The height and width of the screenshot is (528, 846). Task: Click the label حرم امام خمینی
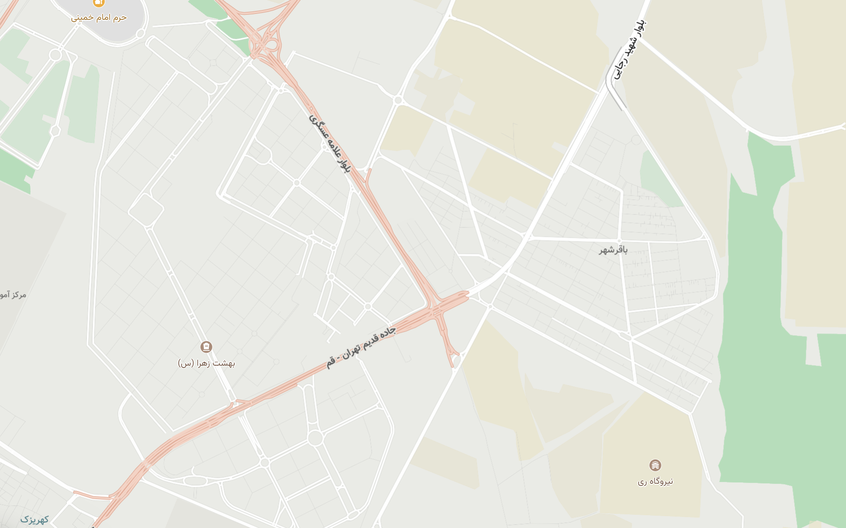(x=99, y=18)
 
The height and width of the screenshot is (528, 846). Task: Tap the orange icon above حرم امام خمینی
(x=98, y=3)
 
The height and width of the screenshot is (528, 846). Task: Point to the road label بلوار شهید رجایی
(x=630, y=50)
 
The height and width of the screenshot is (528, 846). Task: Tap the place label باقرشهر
(x=613, y=250)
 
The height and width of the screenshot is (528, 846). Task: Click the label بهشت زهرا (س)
(x=207, y=363)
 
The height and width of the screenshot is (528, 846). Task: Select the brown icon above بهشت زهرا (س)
(x=206, y=346)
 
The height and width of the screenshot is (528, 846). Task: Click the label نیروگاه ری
(x=655, y=481)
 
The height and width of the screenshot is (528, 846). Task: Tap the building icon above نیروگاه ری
(x=655, y=465)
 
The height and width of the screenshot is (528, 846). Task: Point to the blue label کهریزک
(x=35, y=520)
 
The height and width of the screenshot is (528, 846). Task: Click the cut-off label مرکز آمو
(x=13, y=295)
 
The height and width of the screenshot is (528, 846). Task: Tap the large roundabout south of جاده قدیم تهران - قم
(x=315, y=438)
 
